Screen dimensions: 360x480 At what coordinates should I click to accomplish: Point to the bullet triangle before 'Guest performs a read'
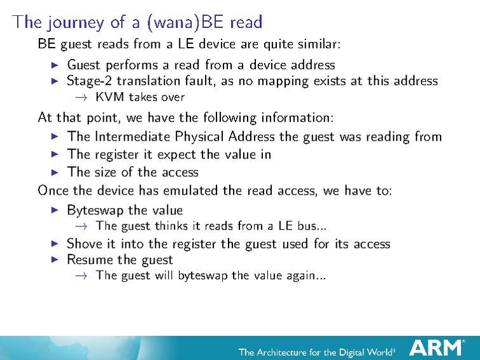(54, 65)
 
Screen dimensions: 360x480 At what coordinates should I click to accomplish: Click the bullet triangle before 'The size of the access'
(54, 172)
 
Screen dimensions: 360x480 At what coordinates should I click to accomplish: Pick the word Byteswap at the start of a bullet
(94, 210)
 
